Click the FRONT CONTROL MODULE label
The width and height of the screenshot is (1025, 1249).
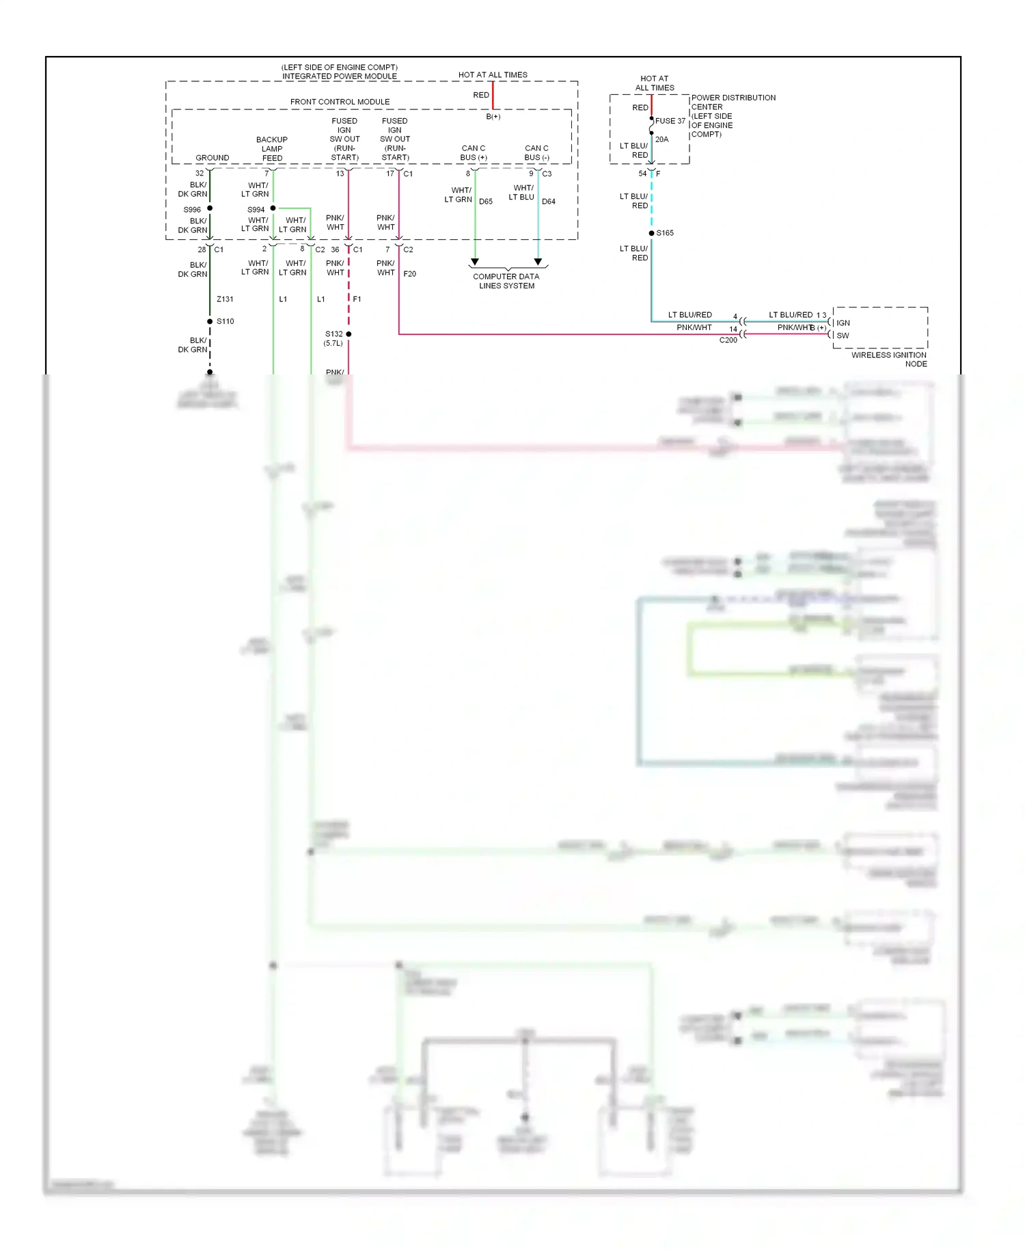[x=340, y=102]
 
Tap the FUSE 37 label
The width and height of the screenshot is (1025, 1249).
[x=670, y=121]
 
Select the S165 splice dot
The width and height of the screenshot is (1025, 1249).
[x=651, y=233]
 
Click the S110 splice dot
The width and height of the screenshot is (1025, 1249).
[x=210, y=321]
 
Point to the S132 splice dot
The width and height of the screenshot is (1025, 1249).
[x=348, y=334]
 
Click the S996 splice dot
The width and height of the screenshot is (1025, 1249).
[x=210, y=208]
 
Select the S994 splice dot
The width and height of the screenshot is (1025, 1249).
[x=273, y=208]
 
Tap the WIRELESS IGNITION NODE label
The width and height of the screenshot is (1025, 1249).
[x=888, y=359]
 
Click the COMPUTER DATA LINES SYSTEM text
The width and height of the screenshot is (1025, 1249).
[x=506, y=281]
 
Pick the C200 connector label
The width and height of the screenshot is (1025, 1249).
[x=728, y=340]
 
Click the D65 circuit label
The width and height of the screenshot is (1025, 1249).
[x=486, y=202]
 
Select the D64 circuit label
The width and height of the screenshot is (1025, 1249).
[x=548, y=202]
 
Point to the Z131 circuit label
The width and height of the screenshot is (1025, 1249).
[x=225, y=299]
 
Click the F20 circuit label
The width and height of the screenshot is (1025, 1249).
[x=409, y=274]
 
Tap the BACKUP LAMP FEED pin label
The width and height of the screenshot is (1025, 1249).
[x=272, y=148]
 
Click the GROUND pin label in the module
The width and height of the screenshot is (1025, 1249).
[x=212, y=158]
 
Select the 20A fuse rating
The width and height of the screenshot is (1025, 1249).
[x=661, y=139]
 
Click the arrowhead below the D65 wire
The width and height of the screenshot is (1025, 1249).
[x=475, y=262]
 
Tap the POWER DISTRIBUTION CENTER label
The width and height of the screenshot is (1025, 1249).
[x=733, y=115]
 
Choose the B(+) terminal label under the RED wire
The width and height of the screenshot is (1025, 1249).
[x=493, y=117]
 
